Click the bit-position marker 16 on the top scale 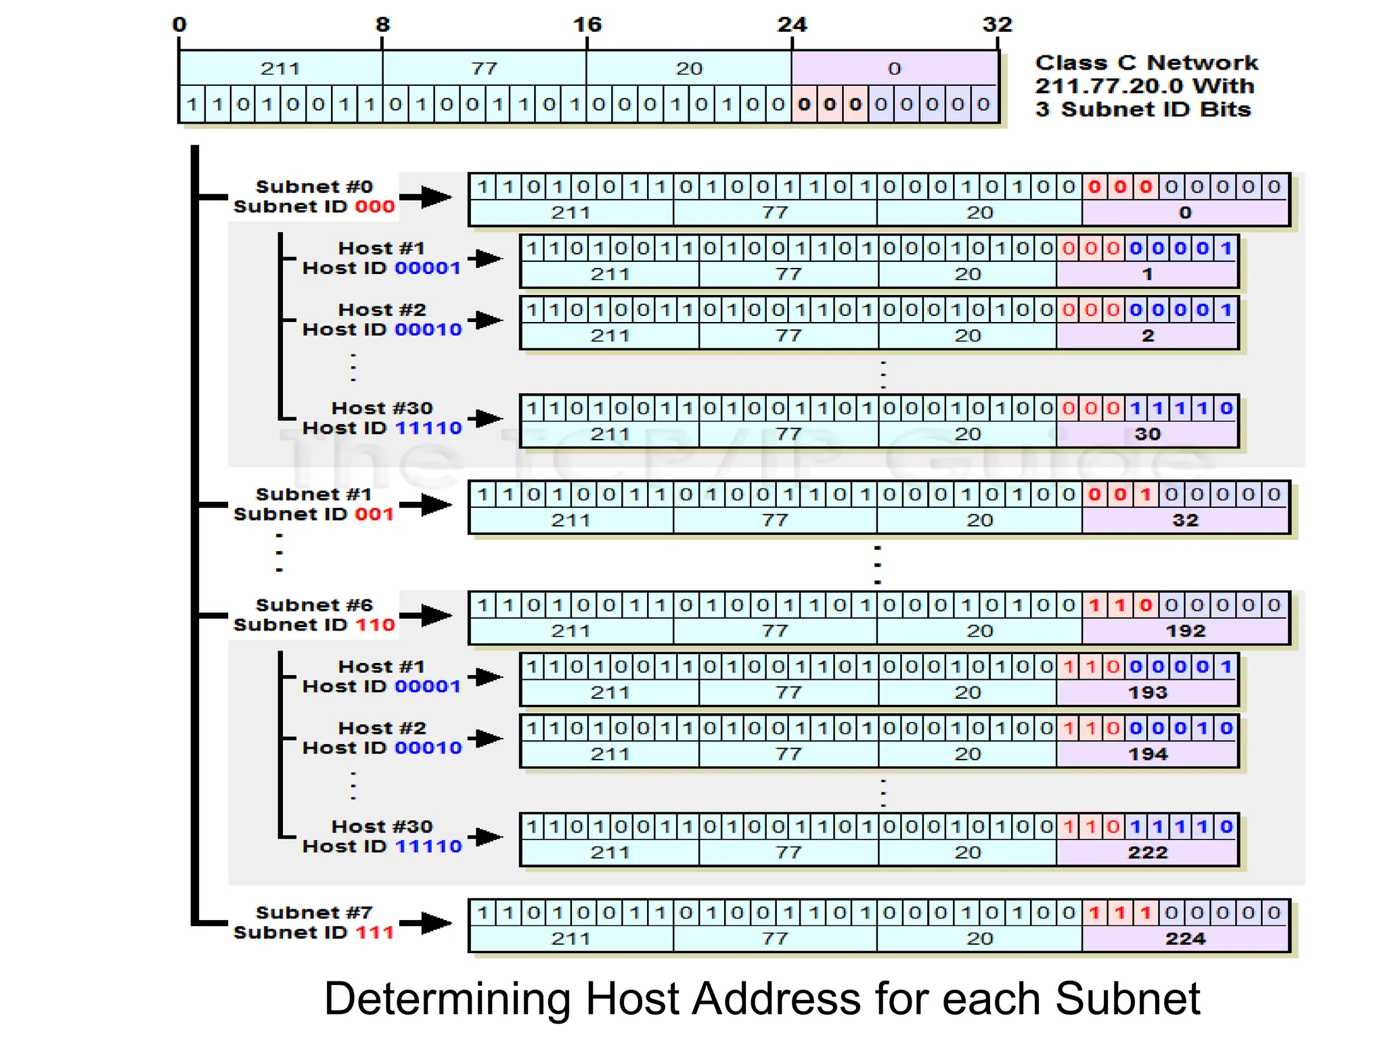(x=587, y=25)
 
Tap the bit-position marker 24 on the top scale (x=792, y=25)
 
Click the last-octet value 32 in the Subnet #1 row (x=1185, y=520)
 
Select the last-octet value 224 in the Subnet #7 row (x=1185, y=938)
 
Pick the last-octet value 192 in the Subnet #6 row (x=1185, y=630)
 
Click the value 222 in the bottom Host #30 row (x=1148, y=852)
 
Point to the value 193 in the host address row (x=1148, y=692)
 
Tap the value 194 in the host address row (x=1148, y=754)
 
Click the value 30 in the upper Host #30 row (x=1148, y=434)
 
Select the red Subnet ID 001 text (x=374, y=514)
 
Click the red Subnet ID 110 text (x=374, y=624)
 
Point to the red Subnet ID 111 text (x=374, y=932)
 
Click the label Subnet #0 (x=314, y=186)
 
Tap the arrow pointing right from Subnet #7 (x=426, y=923)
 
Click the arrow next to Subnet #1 (x=426, y=505)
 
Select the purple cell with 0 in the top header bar (x=895, y=68)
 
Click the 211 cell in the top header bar (x=280, y=68)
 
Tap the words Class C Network (x=1146, y=63)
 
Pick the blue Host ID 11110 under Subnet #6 (x=428, y=846)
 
